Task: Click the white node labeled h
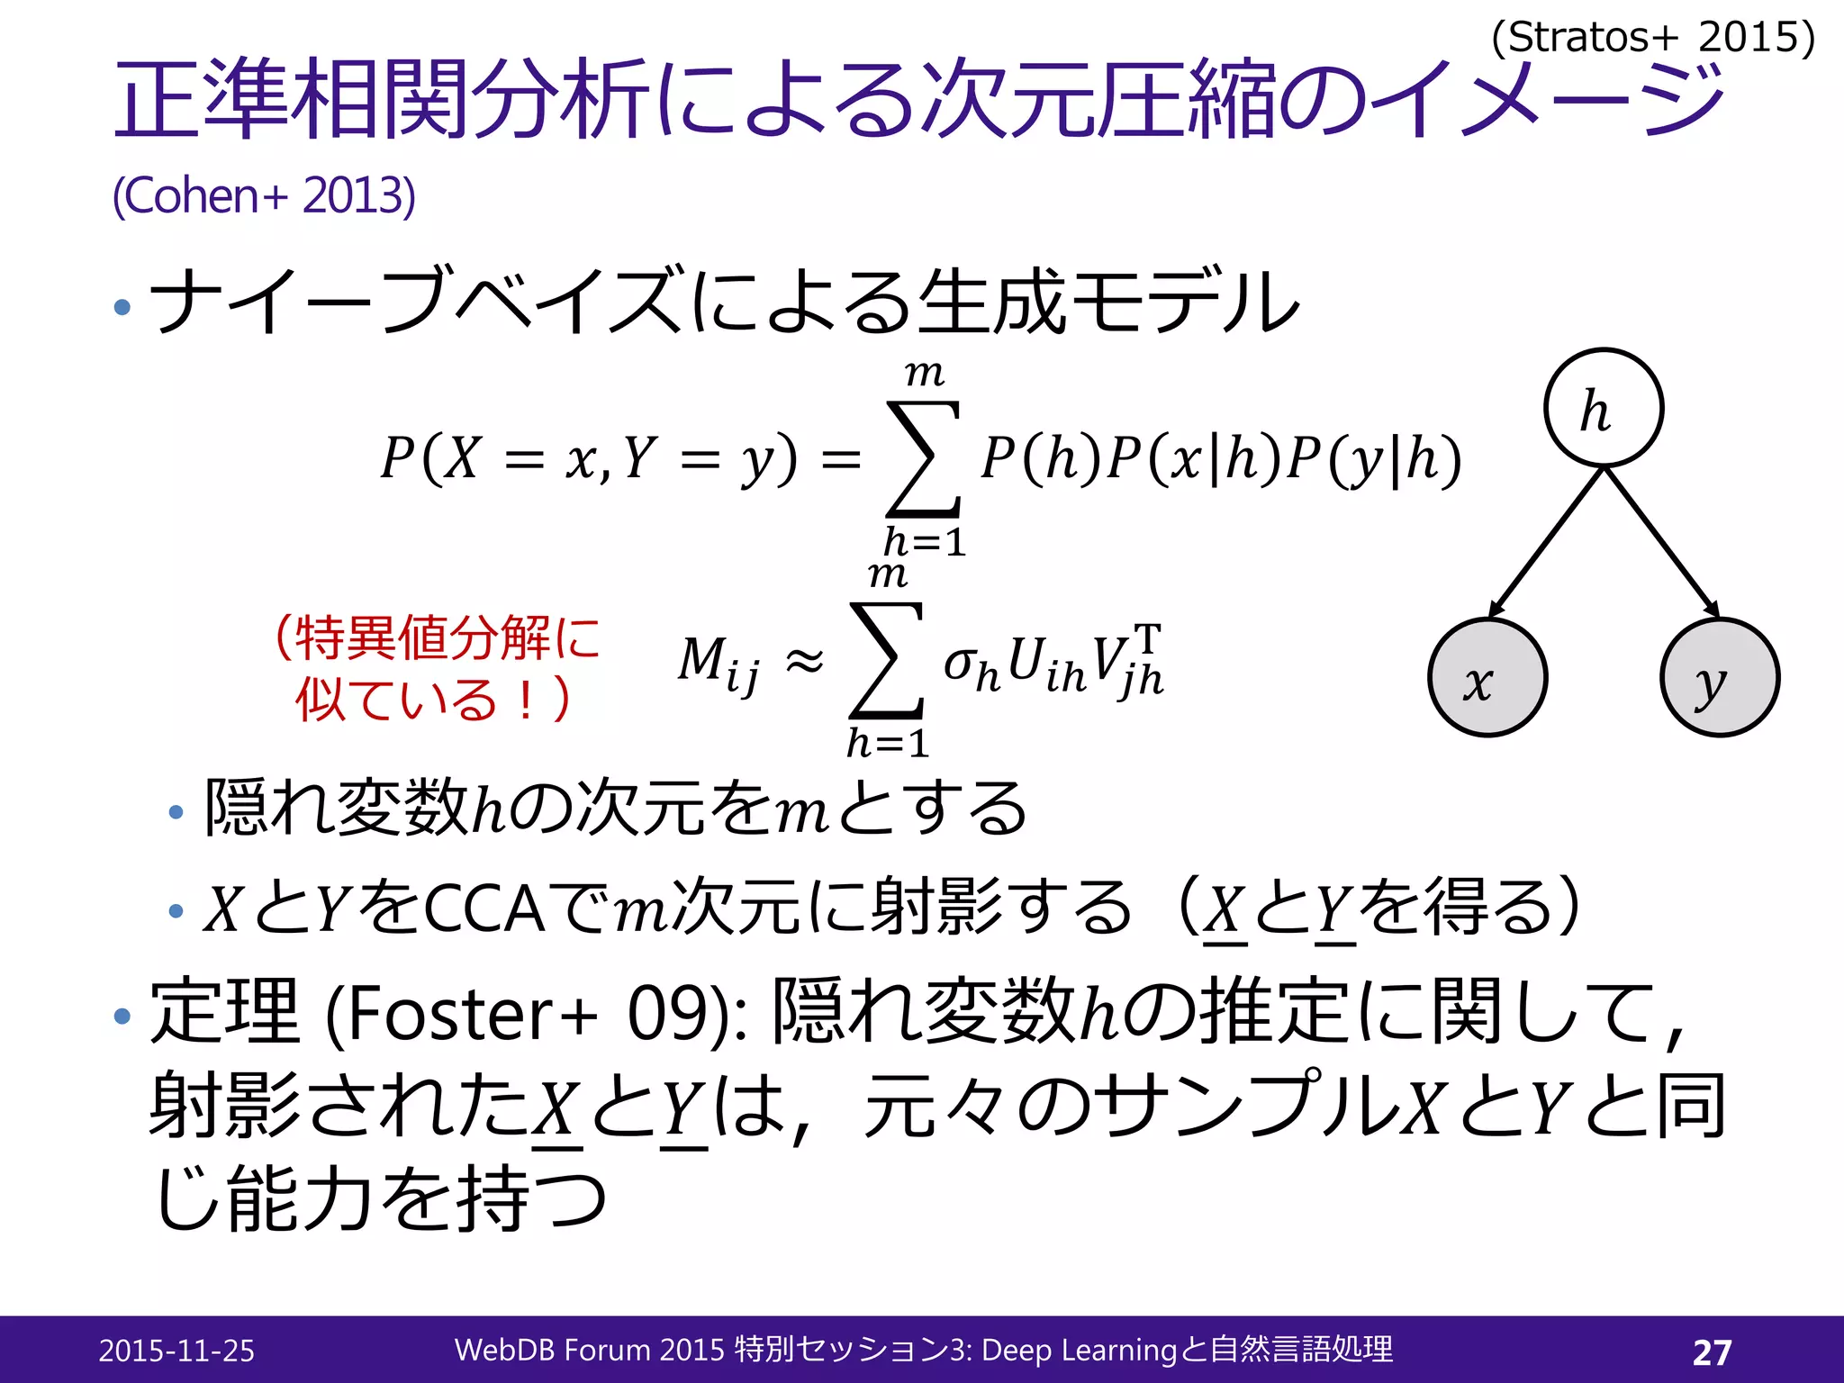click(1604, 408)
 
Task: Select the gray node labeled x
click(1487, 677)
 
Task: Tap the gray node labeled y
click(1720, 677)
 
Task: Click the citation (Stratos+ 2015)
click(1653, 38)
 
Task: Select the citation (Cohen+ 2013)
click(264, 195)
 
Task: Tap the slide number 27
click(1712, 1351)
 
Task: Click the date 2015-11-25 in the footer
click(176, 1351)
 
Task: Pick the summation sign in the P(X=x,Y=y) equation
click(924, 459)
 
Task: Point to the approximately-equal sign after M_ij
click(804, 661)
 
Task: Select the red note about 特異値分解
click(437, 667)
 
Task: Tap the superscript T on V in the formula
click(1148, 637)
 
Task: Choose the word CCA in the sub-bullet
click(484, 908)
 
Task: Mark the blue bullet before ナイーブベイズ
click(123, 308)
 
